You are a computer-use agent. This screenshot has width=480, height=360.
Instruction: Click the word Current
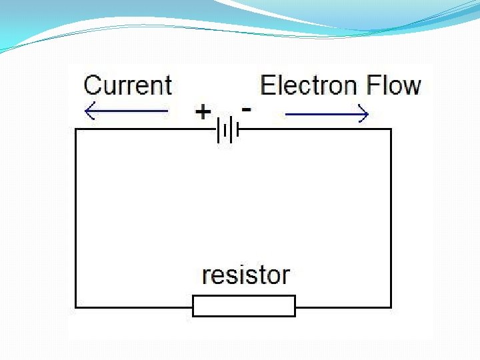point(128,85)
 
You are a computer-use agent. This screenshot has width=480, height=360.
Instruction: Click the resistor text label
point(246,275)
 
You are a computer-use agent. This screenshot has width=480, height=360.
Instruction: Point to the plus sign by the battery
point(203,111)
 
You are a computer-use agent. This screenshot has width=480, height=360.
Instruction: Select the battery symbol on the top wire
point(227,129)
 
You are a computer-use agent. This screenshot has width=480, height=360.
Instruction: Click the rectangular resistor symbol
point(244,306)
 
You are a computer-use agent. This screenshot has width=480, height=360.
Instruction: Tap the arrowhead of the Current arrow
point(89,111)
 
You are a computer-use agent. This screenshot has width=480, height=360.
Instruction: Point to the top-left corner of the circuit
point(75,129)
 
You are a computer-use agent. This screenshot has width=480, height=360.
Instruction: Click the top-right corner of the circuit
point(391,129)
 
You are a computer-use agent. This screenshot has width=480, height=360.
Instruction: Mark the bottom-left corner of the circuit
point(75,307)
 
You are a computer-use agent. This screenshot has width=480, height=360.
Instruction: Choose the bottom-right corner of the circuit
point(391,307)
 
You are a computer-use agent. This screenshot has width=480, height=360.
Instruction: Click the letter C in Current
point(93,85)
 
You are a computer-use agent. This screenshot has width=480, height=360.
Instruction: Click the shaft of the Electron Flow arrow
point(323,115)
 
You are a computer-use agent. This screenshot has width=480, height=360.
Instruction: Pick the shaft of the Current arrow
point(130,111)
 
